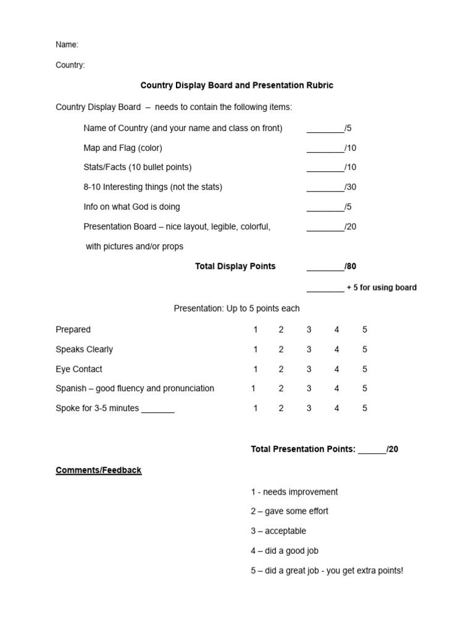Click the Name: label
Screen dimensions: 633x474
pyautogui.click(x=67, y=45)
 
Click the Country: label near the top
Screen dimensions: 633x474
pyautogui.click(x=70, y=65)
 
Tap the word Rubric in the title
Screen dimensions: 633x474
pyautogui.click(x=318, y=85)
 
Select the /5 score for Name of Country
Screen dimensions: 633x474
pyautogui.click(x=348, y=128)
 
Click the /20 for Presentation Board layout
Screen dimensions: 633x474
pyautogui.click(x=351, y=226)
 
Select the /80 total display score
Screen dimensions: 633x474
pyautogui.click(x=351, y=266)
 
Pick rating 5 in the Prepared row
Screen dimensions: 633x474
pyautogui.click(x=365, y=329)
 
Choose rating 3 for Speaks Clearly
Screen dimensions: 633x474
pyautogui.click(x=309, y=349)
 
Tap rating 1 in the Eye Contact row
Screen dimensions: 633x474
pyautogui.click(x=256, y=369)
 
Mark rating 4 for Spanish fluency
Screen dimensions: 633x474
pyautogui.click(x=337, y=388)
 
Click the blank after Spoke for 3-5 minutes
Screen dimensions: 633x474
pyautogui.click(x=158, y=409)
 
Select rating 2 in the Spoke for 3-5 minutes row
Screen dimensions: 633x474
pyautogui.click(x=281, y=408)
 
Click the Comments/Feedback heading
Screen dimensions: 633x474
pyautogui.click(x=99, y=470)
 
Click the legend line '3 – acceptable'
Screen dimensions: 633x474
pyautogui.click(x=278, y=531)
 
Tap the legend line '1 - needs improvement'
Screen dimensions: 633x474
pyautogui.click(x=294, y=492)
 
